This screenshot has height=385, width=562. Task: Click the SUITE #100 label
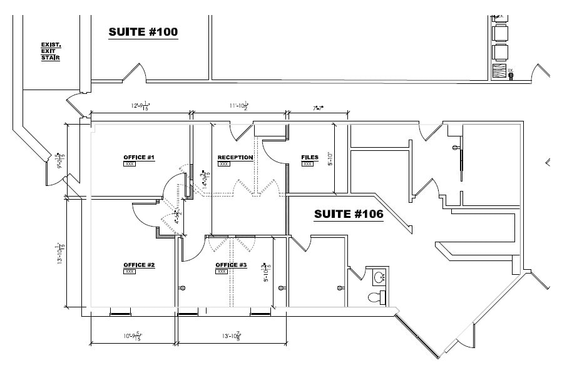(x=143, y=32)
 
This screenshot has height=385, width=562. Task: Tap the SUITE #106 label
(x=348, y=214)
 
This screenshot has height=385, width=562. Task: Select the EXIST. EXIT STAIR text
(x=51, y=51)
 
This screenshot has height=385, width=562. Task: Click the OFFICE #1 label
(x=139, y=157)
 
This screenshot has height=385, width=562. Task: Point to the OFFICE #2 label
(x=139, y=265)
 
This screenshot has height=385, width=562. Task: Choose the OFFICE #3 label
(x=231, y=265)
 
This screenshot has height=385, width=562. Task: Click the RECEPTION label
(x=235, y=157)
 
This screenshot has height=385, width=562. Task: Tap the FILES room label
(x=309, y=157)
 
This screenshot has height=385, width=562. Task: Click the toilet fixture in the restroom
(x=376, y=297)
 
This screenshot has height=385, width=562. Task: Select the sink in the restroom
(x=378, y=276)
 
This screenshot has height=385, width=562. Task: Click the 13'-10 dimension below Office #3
(x=230, y=337)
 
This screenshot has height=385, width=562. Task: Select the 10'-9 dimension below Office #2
(x=133, y=337)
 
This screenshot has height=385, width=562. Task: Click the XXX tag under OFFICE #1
(x=130, y=164)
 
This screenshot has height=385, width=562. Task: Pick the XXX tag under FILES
(x=307, y=164)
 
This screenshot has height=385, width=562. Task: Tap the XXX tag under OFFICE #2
(x=130, y=272)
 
